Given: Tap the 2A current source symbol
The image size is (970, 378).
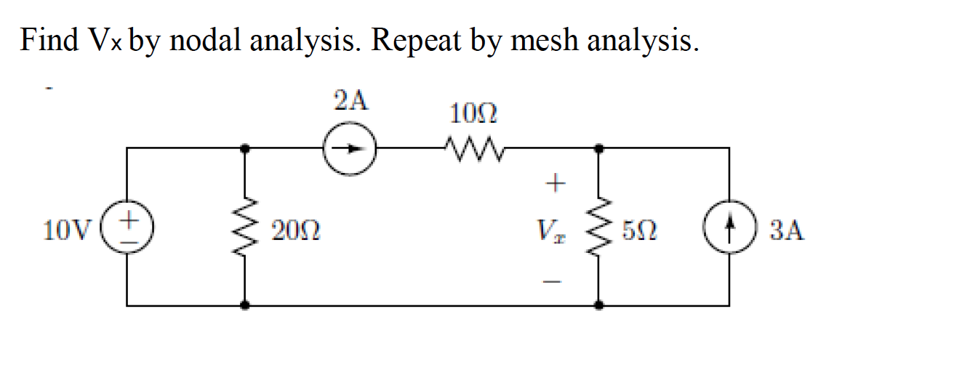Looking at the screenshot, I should point(350,149).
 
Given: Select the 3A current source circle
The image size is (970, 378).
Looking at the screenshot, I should point(729,228).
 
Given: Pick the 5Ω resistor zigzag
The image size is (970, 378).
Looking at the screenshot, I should point(598,228).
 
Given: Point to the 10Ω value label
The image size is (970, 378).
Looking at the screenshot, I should point(473,114).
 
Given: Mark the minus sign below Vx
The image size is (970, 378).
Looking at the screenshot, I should point(554,281).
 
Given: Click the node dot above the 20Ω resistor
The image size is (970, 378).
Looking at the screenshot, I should point(246,148).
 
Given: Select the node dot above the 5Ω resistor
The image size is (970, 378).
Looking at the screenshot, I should point(598,148).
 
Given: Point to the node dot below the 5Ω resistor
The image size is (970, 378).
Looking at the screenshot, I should point(598,306).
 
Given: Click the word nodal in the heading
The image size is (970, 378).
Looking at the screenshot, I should point(206,40).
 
